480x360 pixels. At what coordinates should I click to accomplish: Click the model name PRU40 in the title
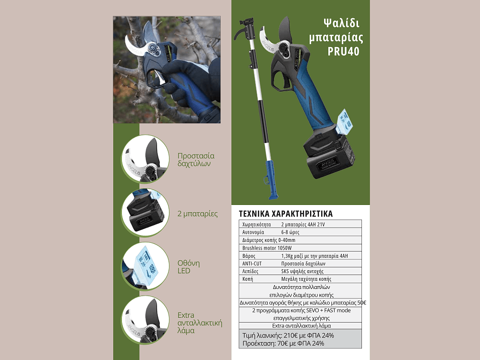click(343, 51)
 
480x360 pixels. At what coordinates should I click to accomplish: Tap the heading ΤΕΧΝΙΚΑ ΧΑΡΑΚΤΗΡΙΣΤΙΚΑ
click(285, 214)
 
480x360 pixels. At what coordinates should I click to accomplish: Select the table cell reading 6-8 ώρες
click(290, 232)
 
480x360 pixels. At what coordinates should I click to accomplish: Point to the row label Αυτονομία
click(253, 232)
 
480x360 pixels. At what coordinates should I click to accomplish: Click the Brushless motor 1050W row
click(266, 248)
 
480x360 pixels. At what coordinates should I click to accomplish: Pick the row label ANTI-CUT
click(252, 264)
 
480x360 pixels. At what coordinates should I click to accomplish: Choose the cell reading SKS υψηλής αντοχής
click(302, 271)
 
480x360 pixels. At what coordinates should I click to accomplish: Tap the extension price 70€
click(283, 344)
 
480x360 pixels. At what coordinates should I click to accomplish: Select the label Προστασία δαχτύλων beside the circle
click(196, 159)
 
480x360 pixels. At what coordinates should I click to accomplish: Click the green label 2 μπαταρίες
click(197, 214)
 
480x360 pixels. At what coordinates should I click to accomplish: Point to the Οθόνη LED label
click(189, 267)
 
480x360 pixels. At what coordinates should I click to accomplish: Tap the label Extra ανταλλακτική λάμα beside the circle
click(200, 323)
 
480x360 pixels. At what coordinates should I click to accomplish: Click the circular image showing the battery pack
click(145, 213)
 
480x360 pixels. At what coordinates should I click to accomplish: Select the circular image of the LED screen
click(145, 266)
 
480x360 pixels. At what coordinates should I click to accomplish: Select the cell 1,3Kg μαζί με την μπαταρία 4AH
click(314, 256)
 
